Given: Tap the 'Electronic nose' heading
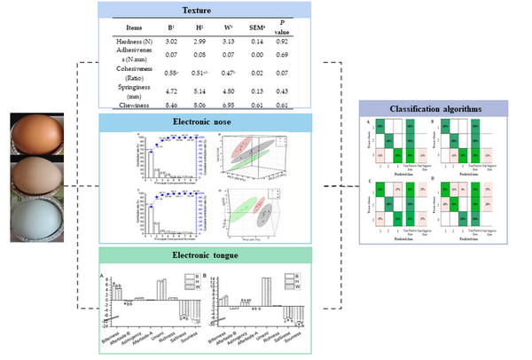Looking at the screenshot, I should (208, 121).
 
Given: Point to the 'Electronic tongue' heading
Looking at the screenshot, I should (208, 257).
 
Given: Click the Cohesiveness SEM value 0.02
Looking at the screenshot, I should (255, 73).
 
